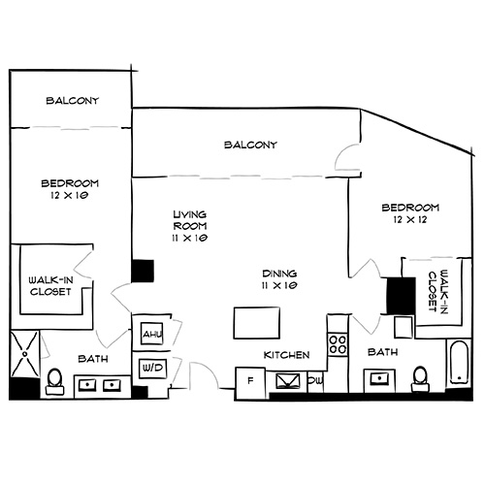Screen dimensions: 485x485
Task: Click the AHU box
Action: point(152,334)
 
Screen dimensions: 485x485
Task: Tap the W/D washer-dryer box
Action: point(152,369)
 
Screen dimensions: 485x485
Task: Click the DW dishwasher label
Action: point(315,381)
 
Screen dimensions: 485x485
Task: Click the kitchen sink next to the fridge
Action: point(288,381)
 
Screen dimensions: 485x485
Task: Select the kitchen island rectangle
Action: point(257,320)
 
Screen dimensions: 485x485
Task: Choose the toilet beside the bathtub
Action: point(421,378)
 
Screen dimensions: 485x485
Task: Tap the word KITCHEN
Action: point(287,355)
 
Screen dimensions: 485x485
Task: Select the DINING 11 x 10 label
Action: point(279,279)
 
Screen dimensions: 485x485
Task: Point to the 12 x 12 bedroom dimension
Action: point(410,221)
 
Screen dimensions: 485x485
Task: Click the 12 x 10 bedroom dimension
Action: point(68,195)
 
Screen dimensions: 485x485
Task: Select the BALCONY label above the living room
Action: point(251,145)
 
